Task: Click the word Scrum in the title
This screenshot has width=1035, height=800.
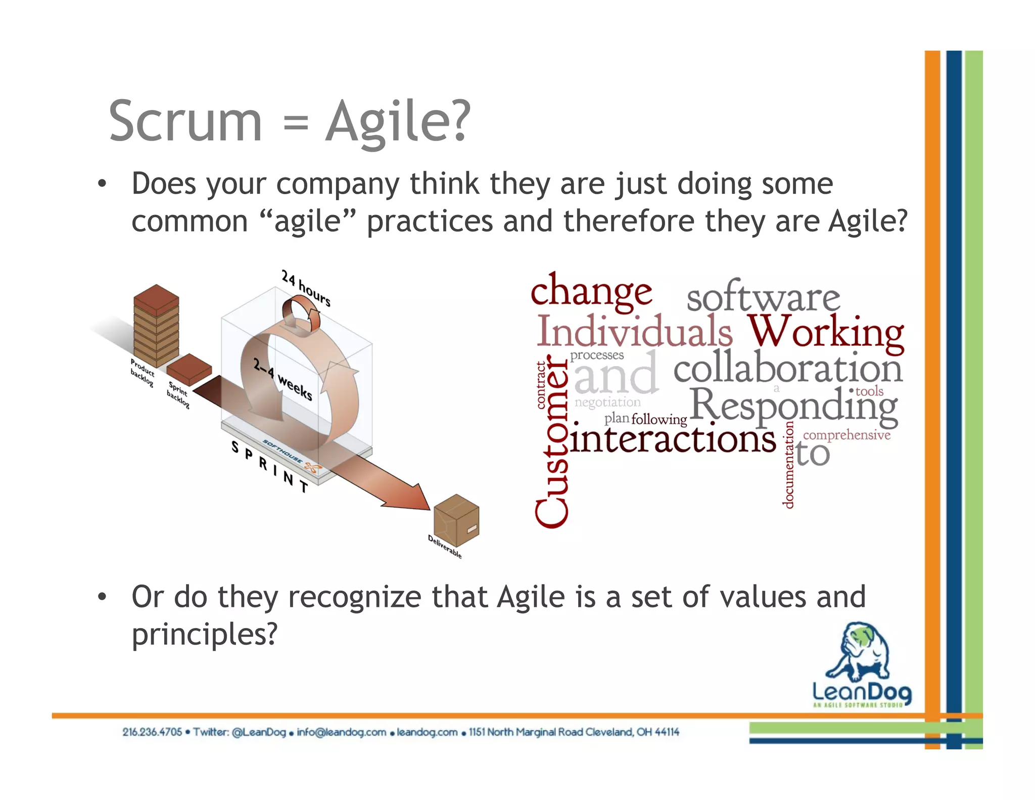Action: coord(185,121)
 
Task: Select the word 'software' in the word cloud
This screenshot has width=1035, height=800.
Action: coord(763,298)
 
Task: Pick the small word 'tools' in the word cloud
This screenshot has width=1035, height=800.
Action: coord(869,391)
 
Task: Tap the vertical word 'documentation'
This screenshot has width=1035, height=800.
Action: coord(788,464)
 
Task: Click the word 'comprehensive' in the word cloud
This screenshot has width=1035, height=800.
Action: coord(846,435)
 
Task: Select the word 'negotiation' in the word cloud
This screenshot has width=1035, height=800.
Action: coord(607,402)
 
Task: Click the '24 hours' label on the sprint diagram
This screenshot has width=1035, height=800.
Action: coord(306,288)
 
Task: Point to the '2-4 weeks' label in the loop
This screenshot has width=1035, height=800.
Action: coord(283,379)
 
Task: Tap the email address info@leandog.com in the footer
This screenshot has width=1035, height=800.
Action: coord(341,732)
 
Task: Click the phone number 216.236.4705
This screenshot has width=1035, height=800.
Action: coord(152,732)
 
